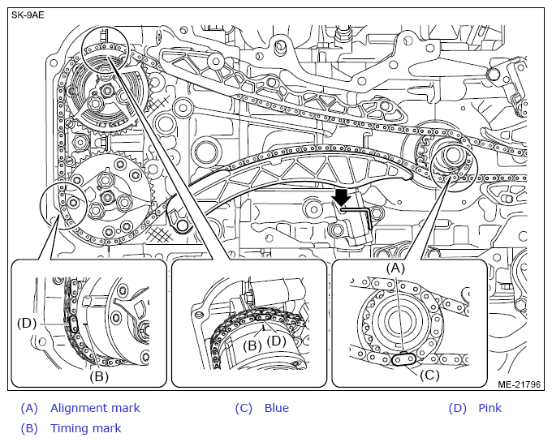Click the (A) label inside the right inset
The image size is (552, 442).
coord(395,267)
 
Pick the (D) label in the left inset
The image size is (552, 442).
coord(28,323)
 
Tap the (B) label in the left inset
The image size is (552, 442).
coord(99,375)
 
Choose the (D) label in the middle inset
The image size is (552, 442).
coord(277,341)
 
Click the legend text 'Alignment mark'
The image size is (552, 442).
coord(95,408)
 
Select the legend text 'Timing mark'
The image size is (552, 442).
coord(85,428)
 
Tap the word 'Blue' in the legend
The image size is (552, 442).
coord(276,408)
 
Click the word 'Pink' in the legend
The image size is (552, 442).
coord(489,408)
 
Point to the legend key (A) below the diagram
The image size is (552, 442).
coord(29,408)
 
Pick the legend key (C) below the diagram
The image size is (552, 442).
coord(244,408)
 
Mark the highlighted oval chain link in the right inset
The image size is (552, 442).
coord(403,359)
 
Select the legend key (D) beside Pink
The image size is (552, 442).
coord(458,408)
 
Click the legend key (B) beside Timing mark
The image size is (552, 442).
coord(29,428)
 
